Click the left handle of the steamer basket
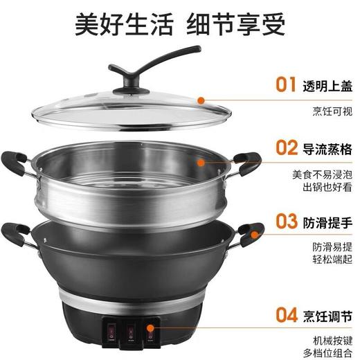point(16,163)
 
